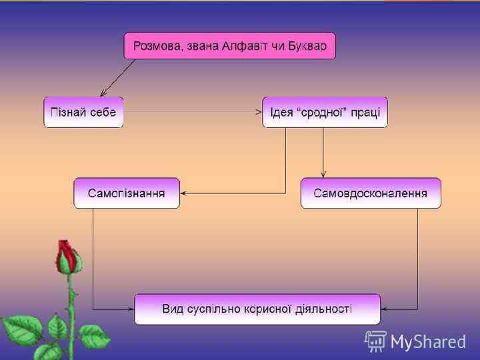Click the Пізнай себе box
(x=83, y=112)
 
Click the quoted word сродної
(x=323, y=112)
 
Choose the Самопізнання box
(x=127, y=193)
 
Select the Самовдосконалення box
(x=371, y=193)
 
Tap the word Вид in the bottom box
(x=173, y=309)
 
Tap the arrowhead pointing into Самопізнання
(x=184, y=193)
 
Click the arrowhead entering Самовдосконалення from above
(x=323, y=175)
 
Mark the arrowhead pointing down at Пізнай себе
(x=103, y=93)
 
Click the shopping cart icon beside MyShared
(x=375, y=341)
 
